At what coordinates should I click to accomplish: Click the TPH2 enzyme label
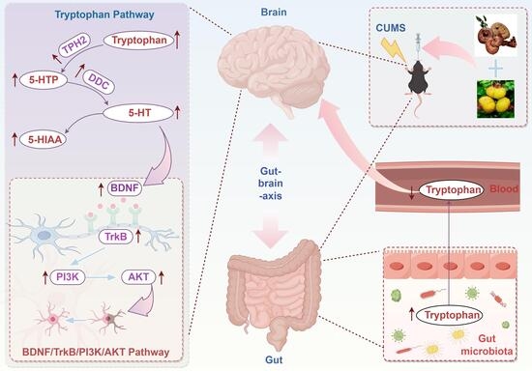coord(75,44)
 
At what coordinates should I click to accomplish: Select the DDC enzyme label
coord(99,81)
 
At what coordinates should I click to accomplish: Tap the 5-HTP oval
coord(44,80)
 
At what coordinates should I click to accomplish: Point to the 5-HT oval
coord(138,113)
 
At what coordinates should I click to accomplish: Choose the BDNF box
coord(125,188)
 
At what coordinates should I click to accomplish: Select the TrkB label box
coord(115,236)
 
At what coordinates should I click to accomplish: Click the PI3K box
coord(67,277)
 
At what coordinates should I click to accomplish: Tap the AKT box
coord(138,277)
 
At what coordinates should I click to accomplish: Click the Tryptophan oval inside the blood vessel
coord(452,190)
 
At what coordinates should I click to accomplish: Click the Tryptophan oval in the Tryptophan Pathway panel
coord(138,41)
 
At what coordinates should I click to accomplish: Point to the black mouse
coord(419,78)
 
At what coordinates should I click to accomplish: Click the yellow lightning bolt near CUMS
coord(394,50)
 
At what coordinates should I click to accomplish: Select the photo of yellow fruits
coord(495,99)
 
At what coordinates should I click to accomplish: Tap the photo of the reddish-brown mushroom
coord(496,35)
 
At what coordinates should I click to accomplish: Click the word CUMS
coord(391,28)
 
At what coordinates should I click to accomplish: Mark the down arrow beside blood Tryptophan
coord(412,192)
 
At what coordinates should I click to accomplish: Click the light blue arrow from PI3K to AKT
coord(101,277)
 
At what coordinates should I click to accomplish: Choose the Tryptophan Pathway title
coord(104,14)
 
